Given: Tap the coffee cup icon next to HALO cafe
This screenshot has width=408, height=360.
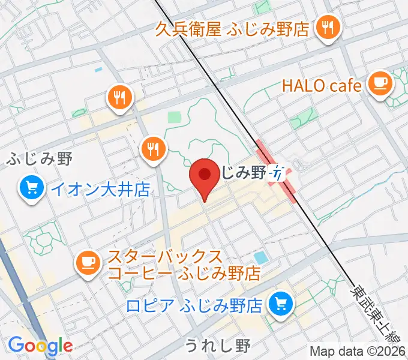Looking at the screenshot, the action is (x=379, y=81).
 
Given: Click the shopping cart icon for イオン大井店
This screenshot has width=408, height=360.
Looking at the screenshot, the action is (x=31, y=189).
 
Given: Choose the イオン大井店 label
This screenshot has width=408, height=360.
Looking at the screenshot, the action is (x=99, y=190).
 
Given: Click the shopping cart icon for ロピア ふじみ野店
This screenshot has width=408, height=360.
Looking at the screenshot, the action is (x=280, y=304).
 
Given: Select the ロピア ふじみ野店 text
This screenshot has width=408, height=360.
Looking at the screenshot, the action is (x=195, y=306).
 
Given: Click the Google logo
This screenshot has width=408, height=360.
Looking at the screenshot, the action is (x=40, y=346).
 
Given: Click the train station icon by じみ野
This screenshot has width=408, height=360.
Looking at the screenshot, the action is (x=277, y=173).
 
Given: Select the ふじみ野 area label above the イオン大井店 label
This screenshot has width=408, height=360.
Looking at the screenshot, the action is (x=40, y=159).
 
